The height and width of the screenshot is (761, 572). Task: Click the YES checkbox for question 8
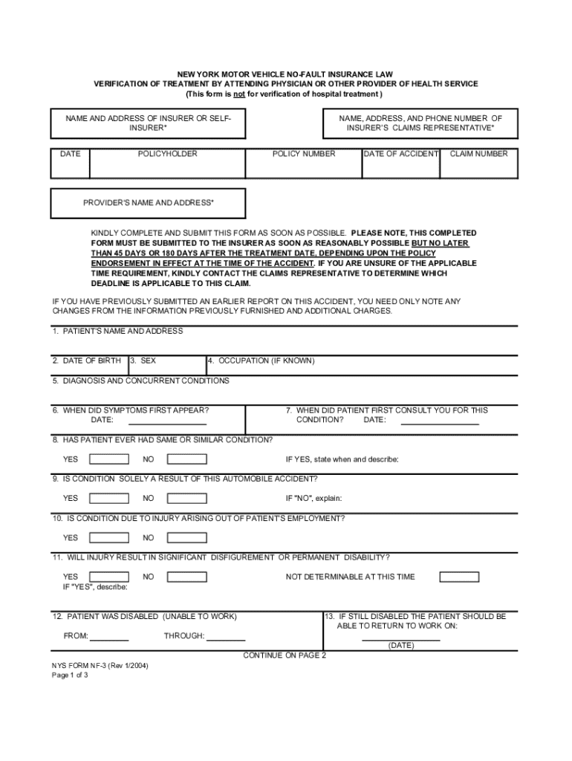coord(108,459)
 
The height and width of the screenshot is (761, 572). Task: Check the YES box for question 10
coord(108,537)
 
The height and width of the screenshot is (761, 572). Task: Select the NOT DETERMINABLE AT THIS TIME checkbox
coord(458,577)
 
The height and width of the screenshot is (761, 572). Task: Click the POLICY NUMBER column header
coord(304,154)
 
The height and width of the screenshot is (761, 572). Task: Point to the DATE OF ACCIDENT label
coord(401,154)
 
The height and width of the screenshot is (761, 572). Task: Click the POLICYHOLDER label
coord(168,154)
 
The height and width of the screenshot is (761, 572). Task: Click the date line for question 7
coord(440,424)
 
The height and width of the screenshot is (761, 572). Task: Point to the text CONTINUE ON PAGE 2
coord(285,655)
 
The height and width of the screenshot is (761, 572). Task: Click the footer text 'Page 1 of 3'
coord(70,676)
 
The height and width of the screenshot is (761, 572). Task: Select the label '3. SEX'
coord(143,360)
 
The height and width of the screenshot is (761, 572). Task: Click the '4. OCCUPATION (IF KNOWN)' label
coord(261,360)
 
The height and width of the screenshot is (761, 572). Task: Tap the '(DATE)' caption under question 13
coord(401,646)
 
